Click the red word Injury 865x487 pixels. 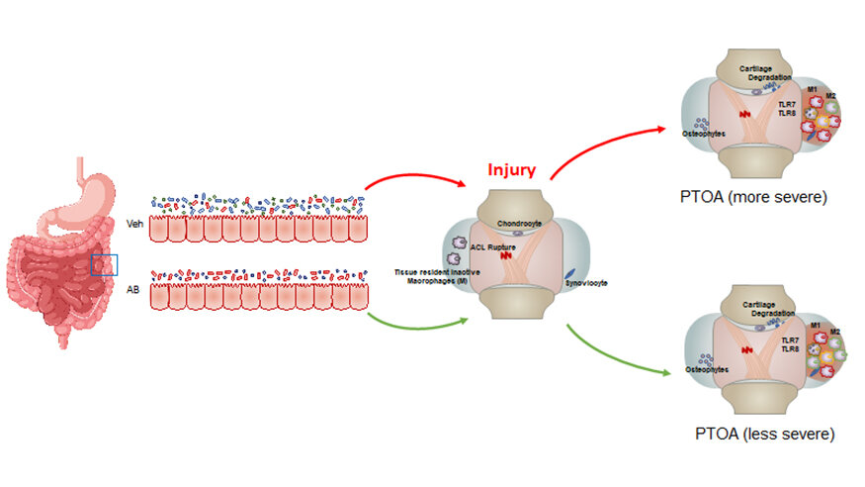pos(512,169)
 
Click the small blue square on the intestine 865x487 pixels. pos(104,264)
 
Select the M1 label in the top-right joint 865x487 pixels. pos(813,90)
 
